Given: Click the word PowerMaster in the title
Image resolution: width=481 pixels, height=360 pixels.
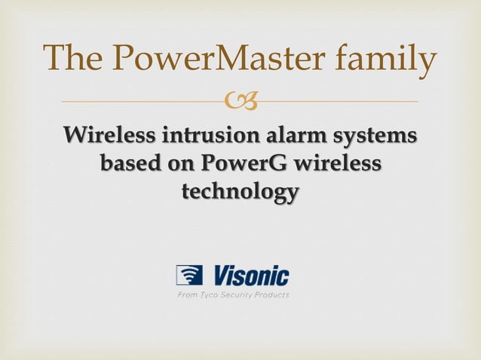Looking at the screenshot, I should pos(213,59).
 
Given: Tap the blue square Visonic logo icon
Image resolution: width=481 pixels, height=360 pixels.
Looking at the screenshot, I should pos(188,276).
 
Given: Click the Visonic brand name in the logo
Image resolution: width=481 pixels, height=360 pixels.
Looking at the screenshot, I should pos(250,275).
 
